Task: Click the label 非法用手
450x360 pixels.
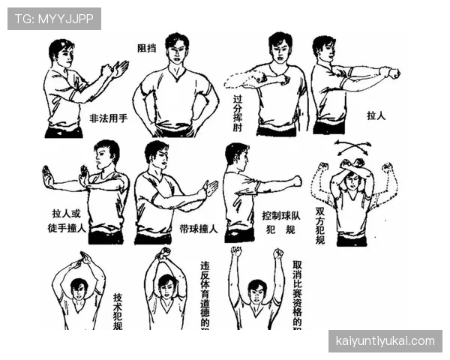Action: [x=109, y=118]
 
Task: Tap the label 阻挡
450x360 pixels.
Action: [x=147, y=49]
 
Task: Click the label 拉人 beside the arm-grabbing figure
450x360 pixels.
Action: [x=376, y=117]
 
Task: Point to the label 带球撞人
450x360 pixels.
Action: [x=199, y=229]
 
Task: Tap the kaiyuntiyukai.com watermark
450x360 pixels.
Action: [x=384, y=341]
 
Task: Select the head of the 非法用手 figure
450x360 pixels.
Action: [x=61, y=53]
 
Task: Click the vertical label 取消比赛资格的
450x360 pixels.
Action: [x=298, y=292]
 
